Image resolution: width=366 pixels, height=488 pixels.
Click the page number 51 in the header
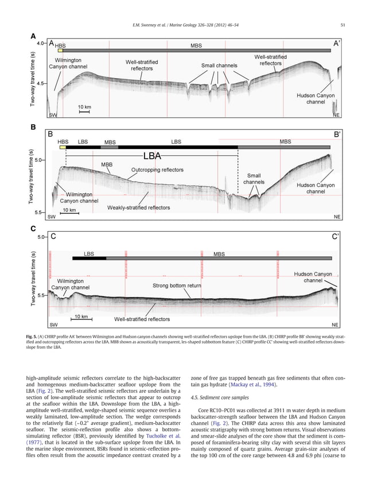click(x=342, y=24)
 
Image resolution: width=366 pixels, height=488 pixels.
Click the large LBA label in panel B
click(x=151, y=155)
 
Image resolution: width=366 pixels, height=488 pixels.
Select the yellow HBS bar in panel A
click(x=60, y=50)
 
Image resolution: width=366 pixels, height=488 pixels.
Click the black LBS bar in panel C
click(x=89, y=259)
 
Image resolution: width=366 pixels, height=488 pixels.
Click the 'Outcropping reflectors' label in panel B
click(x=158, y=170)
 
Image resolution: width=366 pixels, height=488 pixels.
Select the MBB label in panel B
click(x=107, y=165)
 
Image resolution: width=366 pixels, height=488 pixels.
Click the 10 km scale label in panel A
click(x=84, y=107)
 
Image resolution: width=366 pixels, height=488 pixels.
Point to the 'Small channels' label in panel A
click(x=219, y=65)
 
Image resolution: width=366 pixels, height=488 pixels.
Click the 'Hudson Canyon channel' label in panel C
click(x=312, y=278)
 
